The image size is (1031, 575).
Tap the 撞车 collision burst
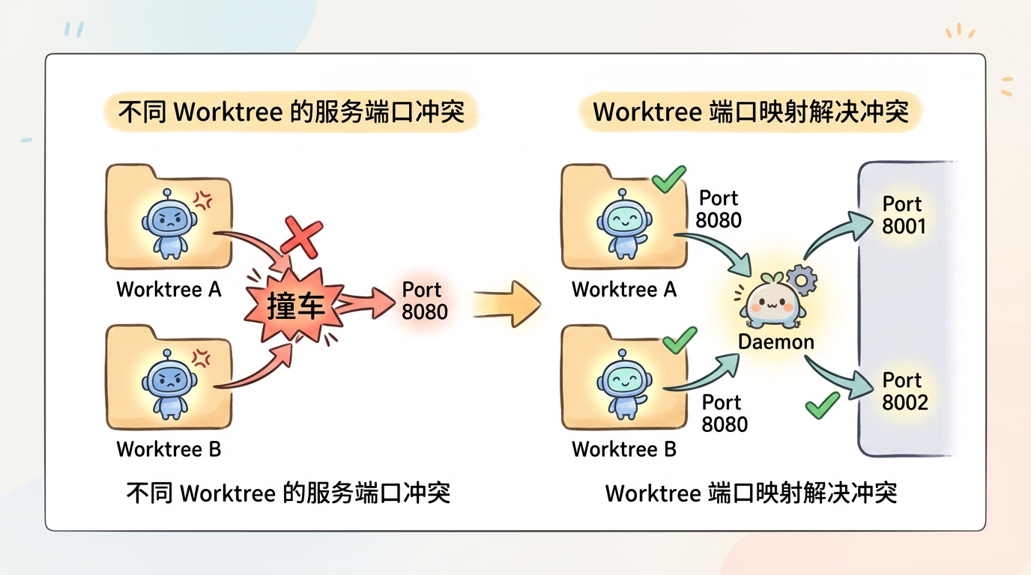[295, 306]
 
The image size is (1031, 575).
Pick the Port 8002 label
[904, 391]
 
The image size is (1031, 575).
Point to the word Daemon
[776, 341]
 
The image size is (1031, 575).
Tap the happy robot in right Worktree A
[623, 222]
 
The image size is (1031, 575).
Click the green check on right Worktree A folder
[668, 180]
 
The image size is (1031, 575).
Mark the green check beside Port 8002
[821, 405]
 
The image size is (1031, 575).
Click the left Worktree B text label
[169, 449]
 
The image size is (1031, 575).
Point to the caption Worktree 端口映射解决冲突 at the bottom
[751, 493]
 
